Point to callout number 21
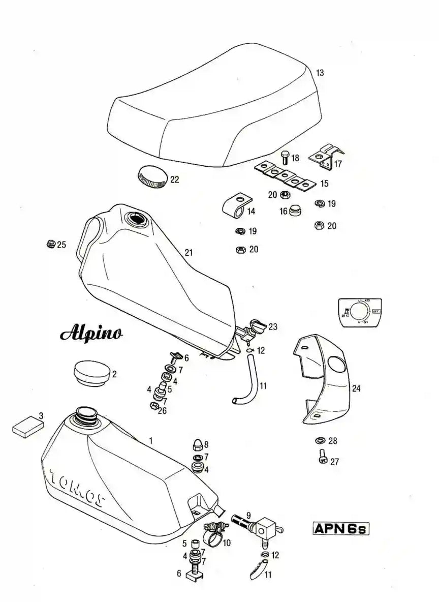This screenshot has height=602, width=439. (189, 252)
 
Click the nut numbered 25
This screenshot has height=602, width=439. (51, 245)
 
